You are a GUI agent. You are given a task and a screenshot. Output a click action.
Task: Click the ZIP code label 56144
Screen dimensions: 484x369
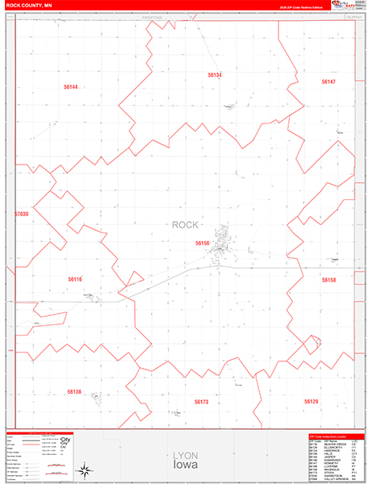[x=70, y=86]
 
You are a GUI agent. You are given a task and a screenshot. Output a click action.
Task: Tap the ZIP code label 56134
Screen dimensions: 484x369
[x=214, y=74]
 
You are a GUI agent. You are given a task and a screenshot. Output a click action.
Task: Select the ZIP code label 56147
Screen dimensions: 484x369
[x=328, y=81]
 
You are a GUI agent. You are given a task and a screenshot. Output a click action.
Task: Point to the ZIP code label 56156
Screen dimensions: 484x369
[x=202, y=242]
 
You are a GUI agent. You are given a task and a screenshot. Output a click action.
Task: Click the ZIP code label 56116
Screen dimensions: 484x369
[x=75, y=279]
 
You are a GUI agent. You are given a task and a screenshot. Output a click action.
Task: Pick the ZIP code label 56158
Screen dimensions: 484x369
[x=328, y=280]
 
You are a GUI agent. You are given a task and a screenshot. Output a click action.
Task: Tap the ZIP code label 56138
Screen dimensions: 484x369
[x=74, y=391]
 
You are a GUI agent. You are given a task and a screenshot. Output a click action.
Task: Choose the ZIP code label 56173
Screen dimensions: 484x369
[x=201, y=401]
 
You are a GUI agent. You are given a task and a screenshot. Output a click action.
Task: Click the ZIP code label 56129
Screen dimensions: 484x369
[x=312, y=401]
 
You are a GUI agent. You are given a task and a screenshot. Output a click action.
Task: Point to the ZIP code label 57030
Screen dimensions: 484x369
[x=21, y=214]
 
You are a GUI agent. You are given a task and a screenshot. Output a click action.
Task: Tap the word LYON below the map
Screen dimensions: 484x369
[x=185, y=456]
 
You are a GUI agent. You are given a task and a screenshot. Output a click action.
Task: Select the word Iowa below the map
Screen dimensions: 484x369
[x=185, y=465]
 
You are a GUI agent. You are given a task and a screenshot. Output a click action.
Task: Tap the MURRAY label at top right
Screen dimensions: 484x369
[x=348, y=16]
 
